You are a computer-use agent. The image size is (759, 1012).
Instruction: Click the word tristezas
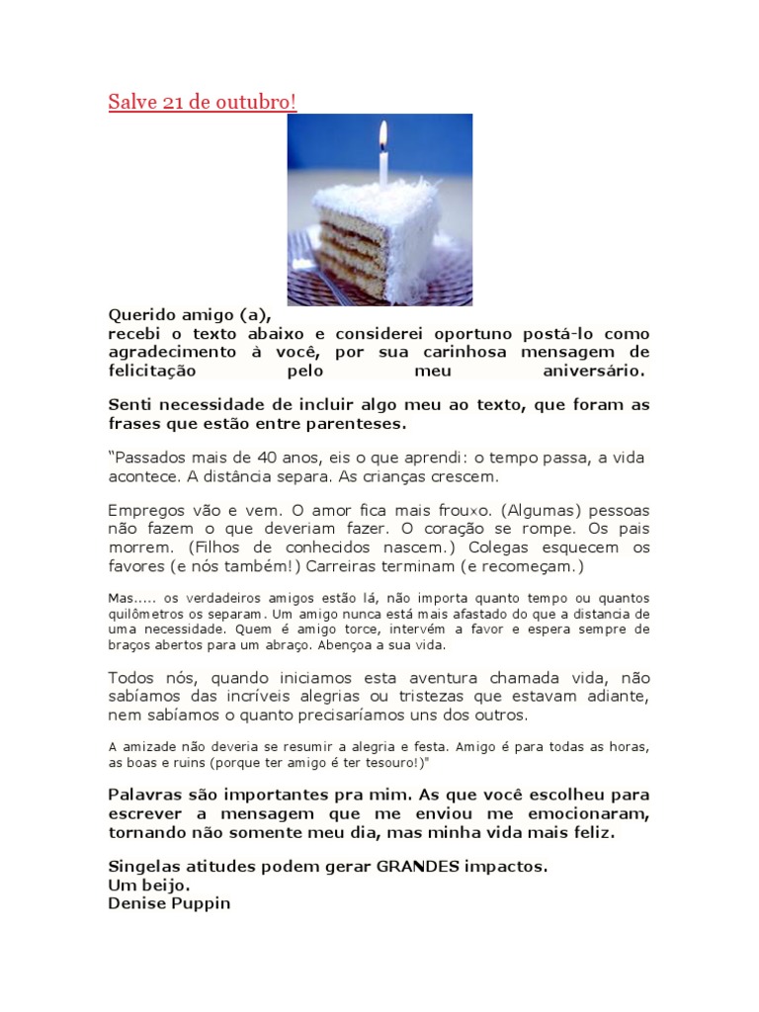point(427,697)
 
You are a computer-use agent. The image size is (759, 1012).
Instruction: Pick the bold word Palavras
point(147,795)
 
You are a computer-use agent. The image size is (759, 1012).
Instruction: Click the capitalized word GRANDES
point(419,866)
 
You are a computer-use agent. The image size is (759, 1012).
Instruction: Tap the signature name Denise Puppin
point(169,902)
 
